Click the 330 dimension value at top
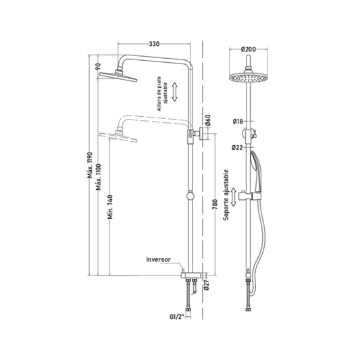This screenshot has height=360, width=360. pos(154,44)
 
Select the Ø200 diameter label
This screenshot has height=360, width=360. pos(249,49)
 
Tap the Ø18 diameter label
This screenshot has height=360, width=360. pos(238,122)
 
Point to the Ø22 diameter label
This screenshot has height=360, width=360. pos(237,147)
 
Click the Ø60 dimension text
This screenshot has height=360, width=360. pos(208,120)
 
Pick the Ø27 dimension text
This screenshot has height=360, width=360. pos(207,285)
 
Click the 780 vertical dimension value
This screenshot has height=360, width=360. pos(215,205)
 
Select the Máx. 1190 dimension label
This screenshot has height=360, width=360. pos(90,165)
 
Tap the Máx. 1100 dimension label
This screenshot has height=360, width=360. pos(99,177)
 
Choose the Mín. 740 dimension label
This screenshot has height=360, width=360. pos(111,207)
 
